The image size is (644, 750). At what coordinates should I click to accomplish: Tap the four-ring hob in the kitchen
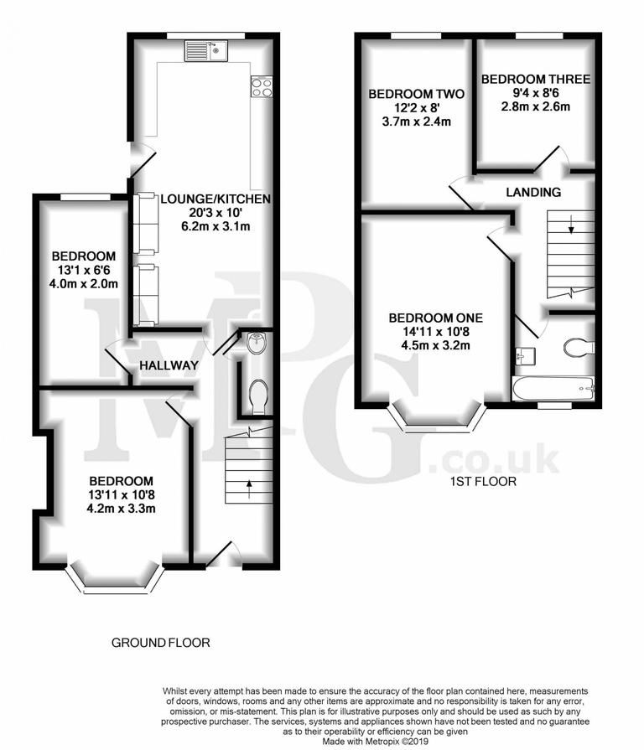click(260, 86)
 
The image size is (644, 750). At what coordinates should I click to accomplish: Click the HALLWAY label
click(169, 365)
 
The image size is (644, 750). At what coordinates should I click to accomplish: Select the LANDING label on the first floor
click(533, 192)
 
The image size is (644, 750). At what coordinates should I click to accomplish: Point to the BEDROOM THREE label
click(535, 80)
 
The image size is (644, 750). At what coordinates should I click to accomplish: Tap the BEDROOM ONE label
click(435, 318)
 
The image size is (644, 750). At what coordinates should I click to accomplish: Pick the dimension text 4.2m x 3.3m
click(122, 508)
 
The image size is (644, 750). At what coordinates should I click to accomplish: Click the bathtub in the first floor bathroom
click(553, 389)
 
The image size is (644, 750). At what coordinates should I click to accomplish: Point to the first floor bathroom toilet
click(579, 346)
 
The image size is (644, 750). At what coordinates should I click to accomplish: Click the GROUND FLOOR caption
click(160, 643)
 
